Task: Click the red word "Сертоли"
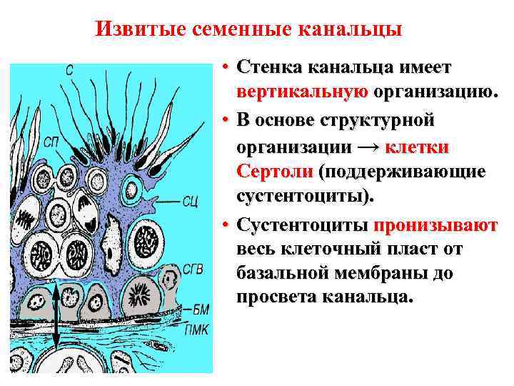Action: [276, 172]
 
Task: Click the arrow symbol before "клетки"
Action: [368, 148]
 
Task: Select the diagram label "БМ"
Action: [202, 309]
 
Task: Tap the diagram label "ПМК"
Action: [198, 330]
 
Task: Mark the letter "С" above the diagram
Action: [70, 70]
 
